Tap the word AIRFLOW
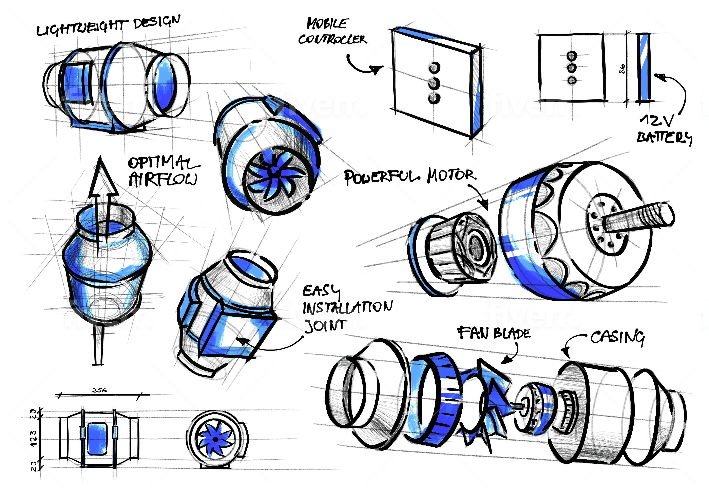[x=163, y=180]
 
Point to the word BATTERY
[x=664, y=137]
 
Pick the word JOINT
[x=325, y=326]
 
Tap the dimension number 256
[x=99, y=390]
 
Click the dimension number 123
[x=33, y=438]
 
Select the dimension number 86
[x=622, y=68]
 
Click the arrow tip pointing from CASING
[x=566, y=352]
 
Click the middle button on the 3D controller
[x=434, y=83]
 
